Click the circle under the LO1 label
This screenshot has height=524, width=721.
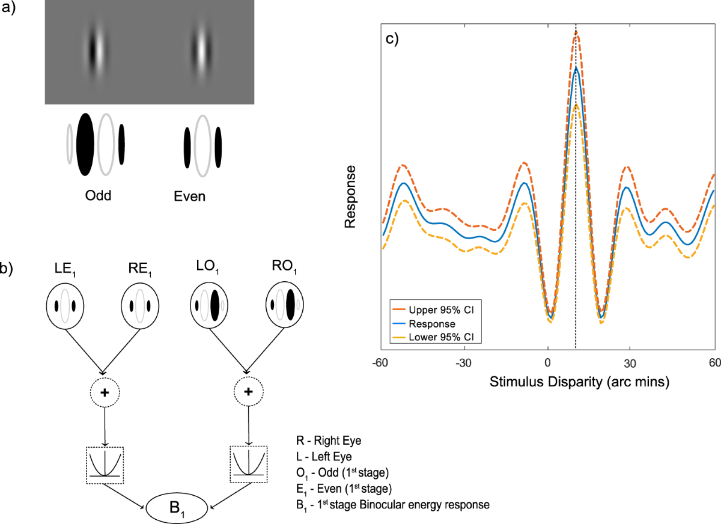click(213, 305)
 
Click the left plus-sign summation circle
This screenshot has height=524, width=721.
click(105, 392)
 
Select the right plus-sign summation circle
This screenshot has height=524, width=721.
click(249, 392)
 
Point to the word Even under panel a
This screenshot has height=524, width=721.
click(190, 196)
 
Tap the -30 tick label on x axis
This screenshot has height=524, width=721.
click(463, 364)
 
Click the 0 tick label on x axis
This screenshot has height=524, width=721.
click(547, 364)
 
